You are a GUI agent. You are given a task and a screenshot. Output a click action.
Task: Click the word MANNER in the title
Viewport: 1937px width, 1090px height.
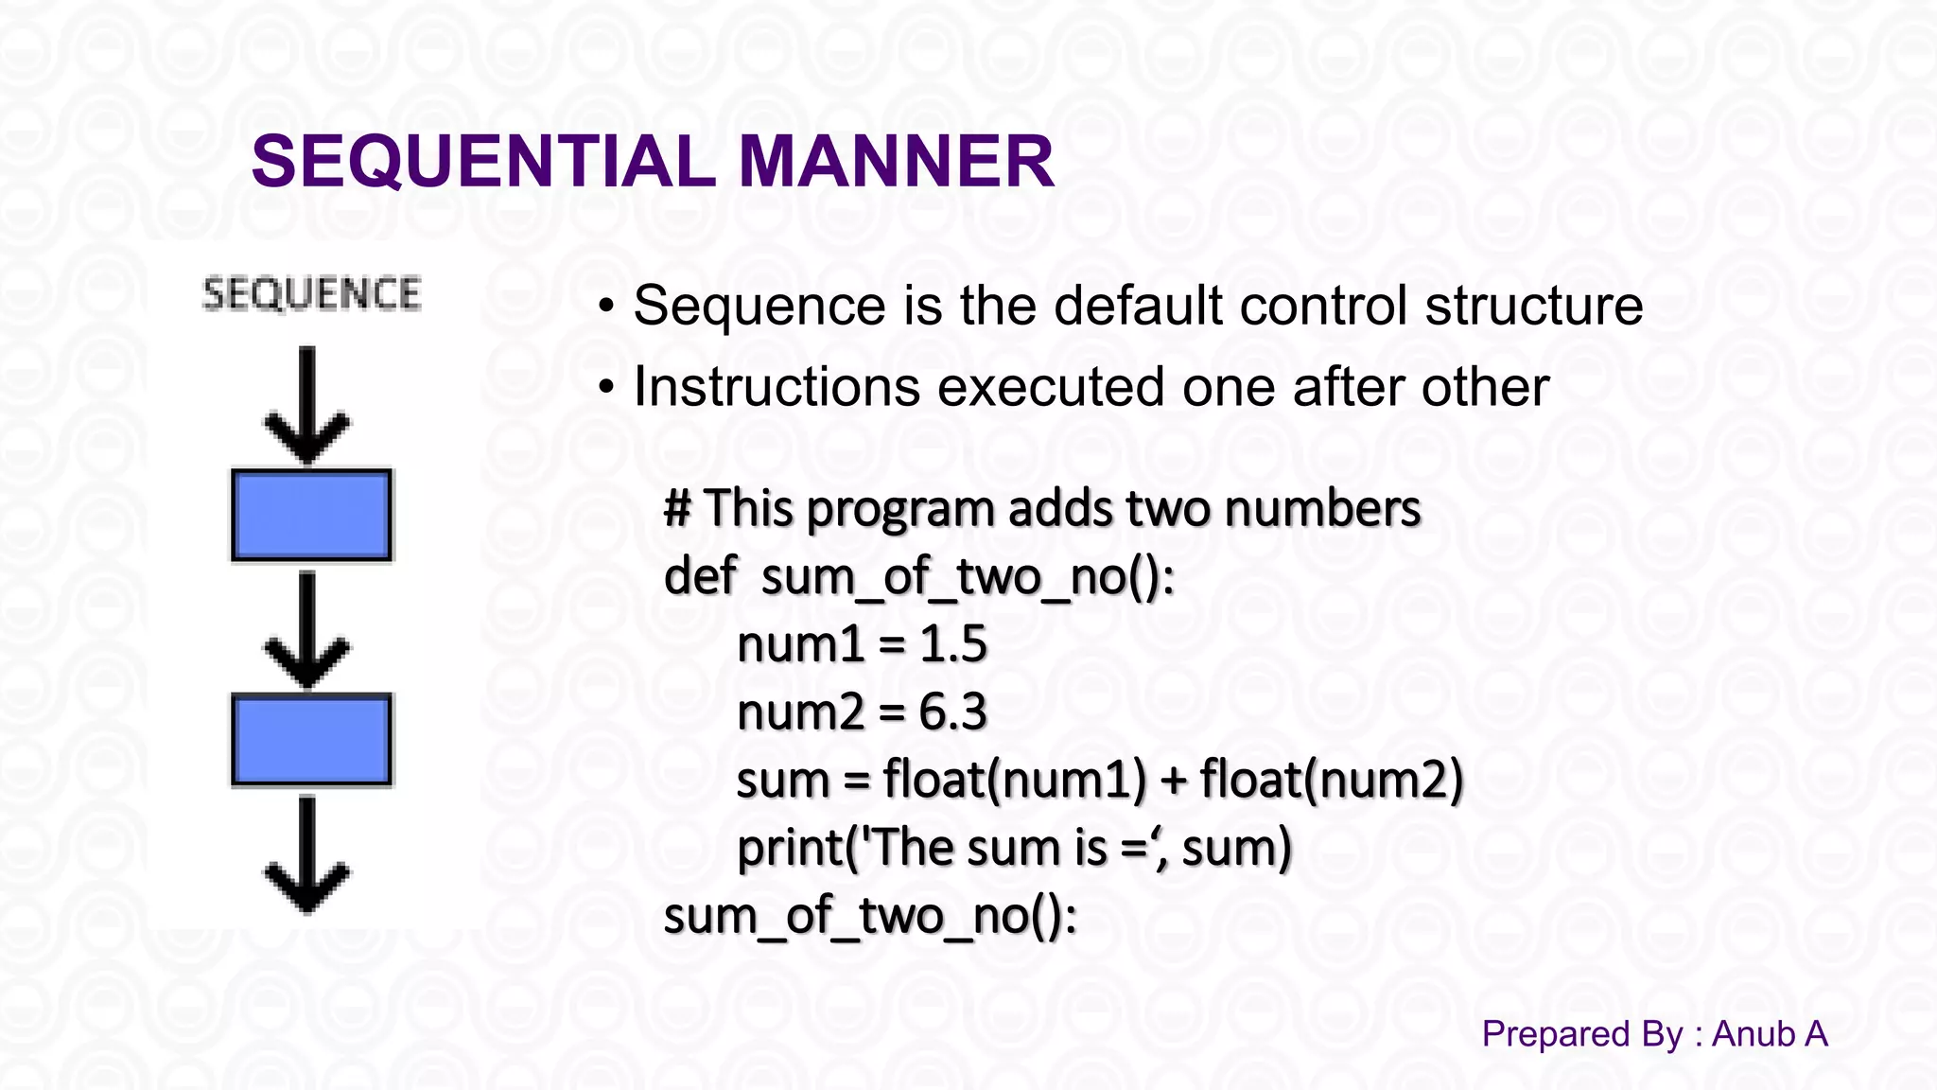(x=896, y=161)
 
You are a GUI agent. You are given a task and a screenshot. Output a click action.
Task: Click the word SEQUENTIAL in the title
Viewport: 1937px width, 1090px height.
(x=483, y=161)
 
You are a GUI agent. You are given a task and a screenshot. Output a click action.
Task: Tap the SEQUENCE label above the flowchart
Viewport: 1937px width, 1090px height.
(x=311, y=294)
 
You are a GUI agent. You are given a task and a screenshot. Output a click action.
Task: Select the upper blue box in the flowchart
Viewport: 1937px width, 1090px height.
(x=311, y=516)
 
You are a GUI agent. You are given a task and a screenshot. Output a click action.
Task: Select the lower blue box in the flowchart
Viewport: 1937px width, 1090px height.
(x=311, y=740)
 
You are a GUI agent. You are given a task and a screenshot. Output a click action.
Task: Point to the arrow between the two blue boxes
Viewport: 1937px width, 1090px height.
(x=307, y=628)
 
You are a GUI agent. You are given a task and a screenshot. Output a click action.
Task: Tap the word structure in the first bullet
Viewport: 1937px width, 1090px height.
(x=1534, y=306)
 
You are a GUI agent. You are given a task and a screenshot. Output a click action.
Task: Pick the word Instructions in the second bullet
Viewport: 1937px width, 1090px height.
(x=777, y=387)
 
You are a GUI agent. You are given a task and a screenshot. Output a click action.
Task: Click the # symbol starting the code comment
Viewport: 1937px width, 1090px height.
(x=676, y=508)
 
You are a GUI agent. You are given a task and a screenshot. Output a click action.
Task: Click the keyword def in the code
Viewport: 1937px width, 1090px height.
(x=700, y=576)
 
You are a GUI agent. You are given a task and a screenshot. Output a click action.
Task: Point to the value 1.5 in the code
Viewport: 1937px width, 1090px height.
(x=953, y=644)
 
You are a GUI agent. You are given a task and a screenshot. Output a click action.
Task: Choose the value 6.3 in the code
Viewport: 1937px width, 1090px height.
(x=952, y=712)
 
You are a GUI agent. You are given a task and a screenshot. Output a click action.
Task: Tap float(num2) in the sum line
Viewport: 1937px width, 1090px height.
(x=1332, y=781)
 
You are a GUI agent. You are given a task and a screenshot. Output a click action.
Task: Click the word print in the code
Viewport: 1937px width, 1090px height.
(x=790, y=849)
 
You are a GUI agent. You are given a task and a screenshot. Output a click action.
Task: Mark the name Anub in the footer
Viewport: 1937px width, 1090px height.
(x=1753, y=1034)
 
